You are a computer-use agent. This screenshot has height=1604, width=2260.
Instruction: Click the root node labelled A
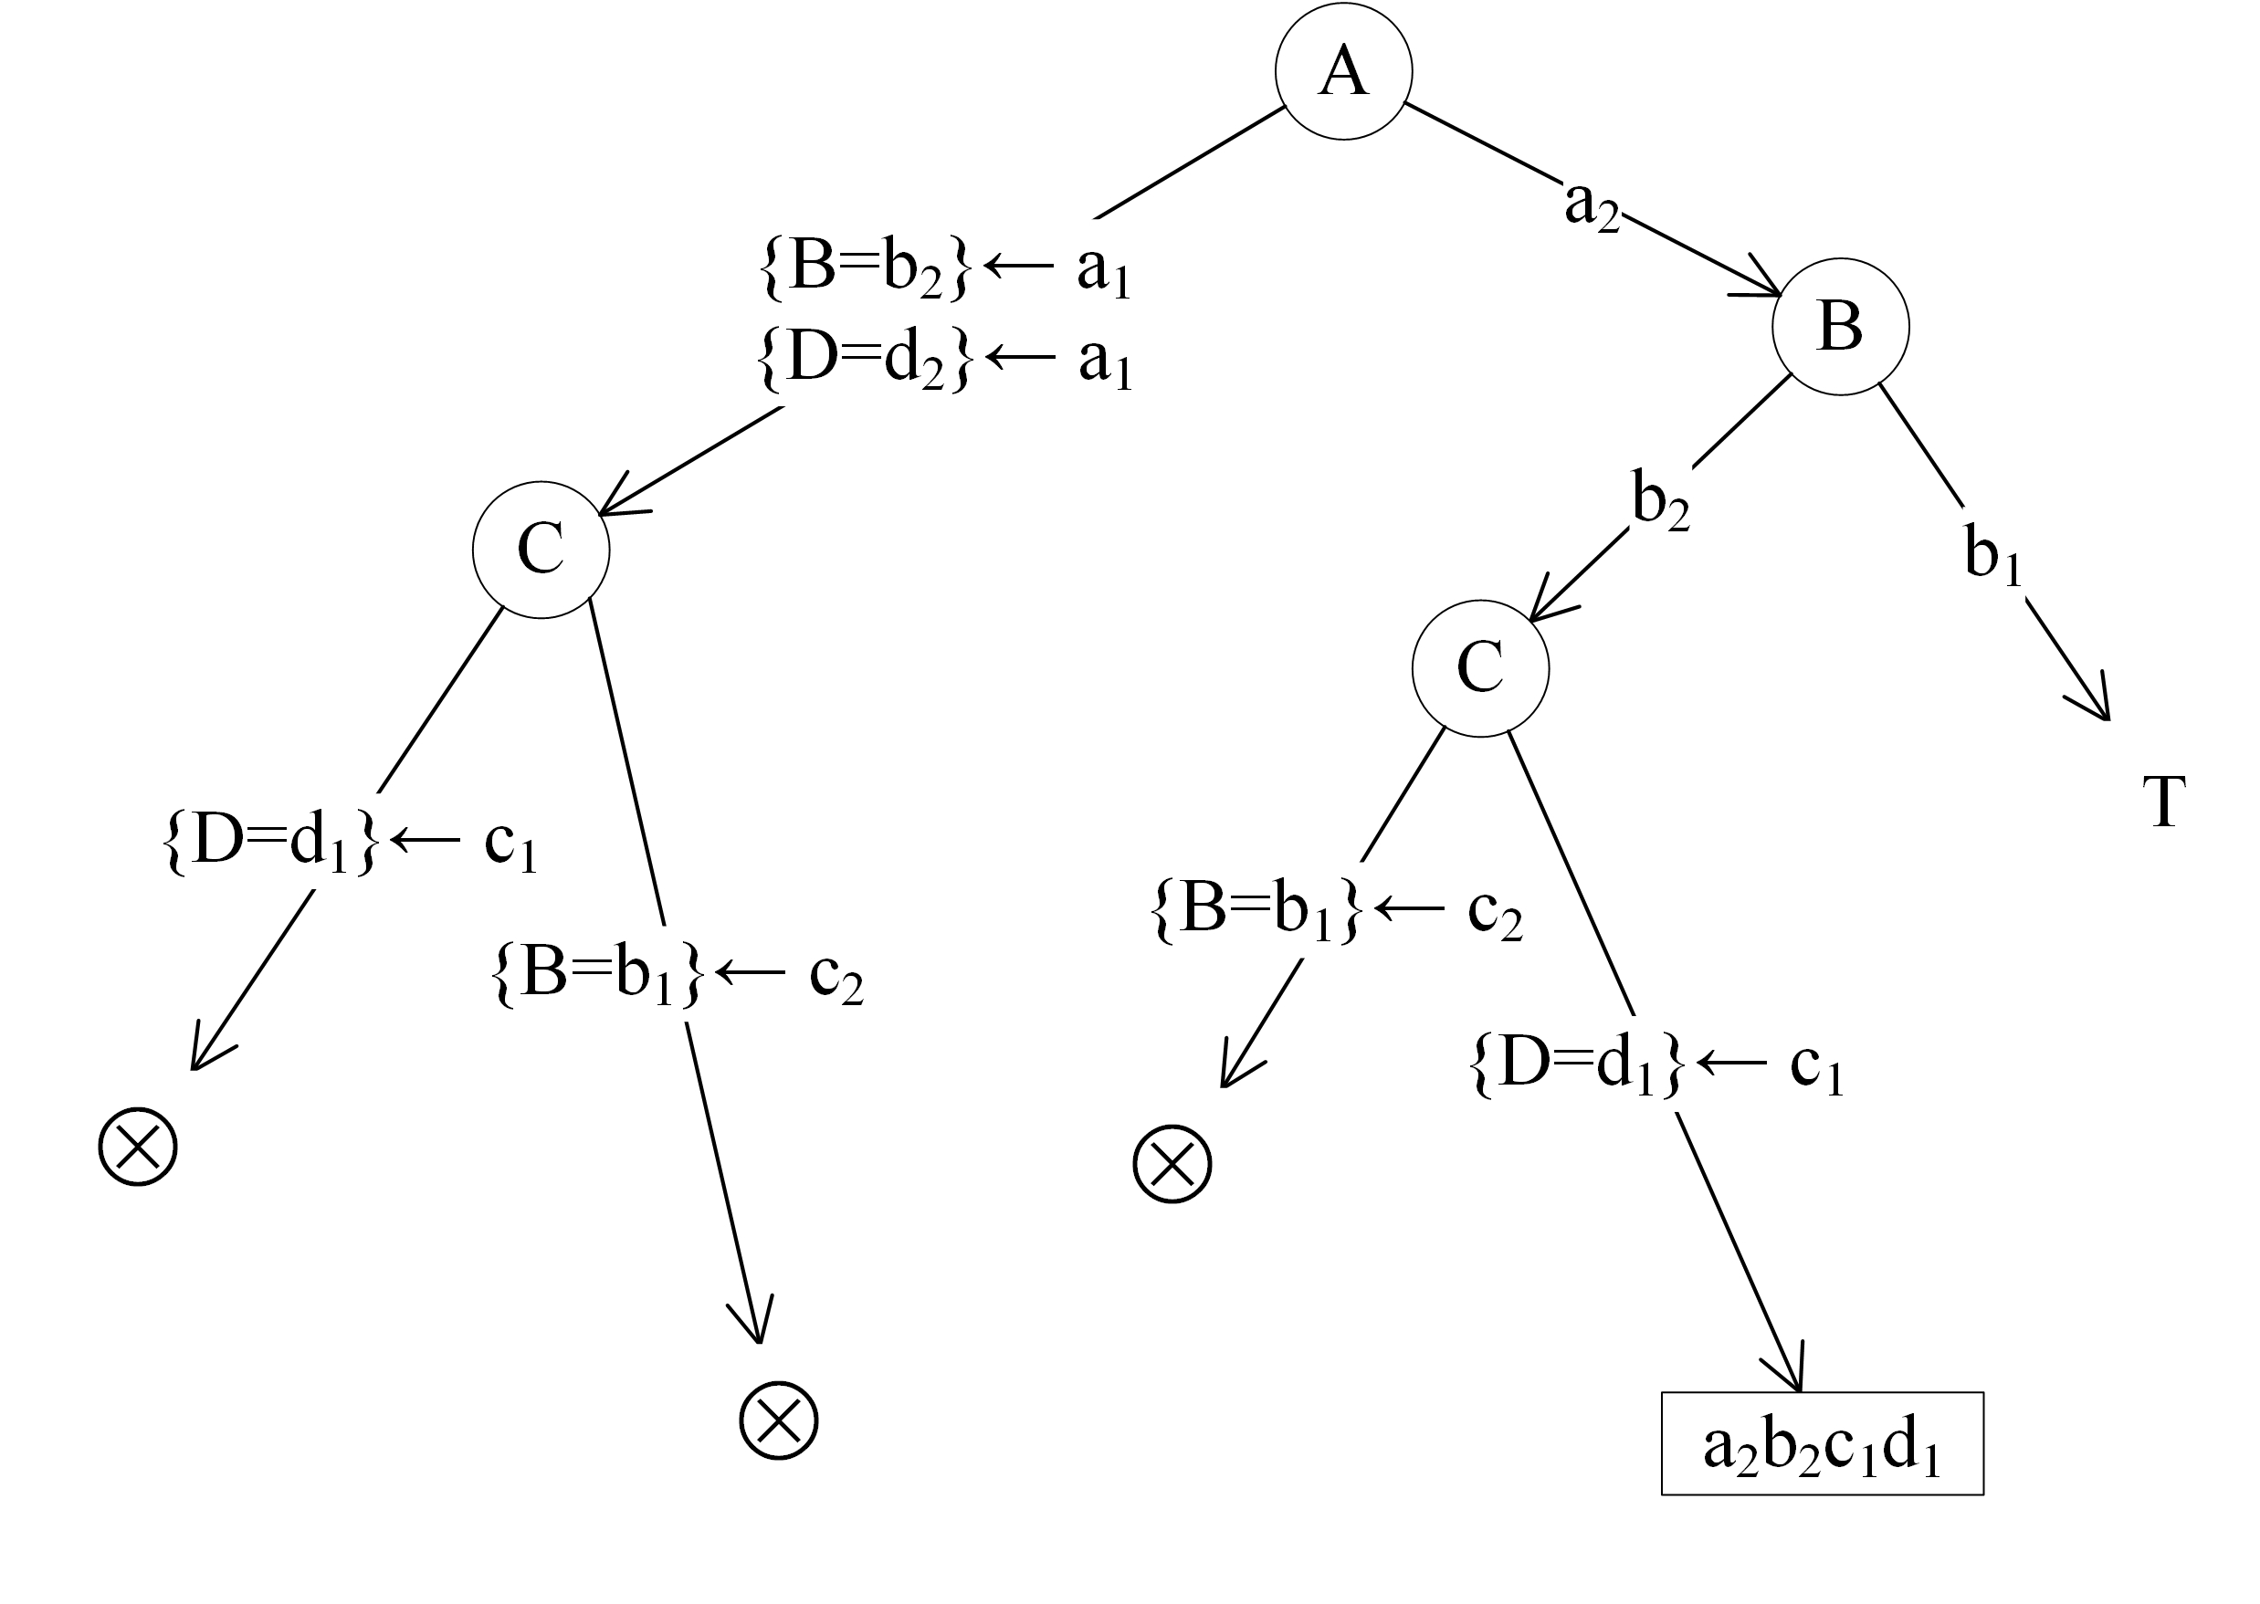click(x=1342, y=71)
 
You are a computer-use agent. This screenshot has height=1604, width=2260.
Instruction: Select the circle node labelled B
click(x=1839, y=327)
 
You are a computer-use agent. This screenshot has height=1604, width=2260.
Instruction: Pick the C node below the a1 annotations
click(x=541, y=550)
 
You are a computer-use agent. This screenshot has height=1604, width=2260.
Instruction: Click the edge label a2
click(x=1592, y=204)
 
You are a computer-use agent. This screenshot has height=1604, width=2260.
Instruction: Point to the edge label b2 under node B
click(x=1659, y=501)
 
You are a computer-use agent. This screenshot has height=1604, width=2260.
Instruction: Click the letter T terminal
click(x=2163, y=802)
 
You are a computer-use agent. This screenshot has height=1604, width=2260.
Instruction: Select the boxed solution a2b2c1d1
click(x=1822, y=1444)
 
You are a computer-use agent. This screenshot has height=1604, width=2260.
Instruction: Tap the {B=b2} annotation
click(x=866, y=267)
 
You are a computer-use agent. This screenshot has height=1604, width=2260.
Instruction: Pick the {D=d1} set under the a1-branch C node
click(x=269, y=843)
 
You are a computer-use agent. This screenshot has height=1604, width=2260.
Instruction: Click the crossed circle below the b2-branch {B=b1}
click(x=1172, y=1163)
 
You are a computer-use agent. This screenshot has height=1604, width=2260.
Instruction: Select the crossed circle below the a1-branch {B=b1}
click(x=778, y=1421)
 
